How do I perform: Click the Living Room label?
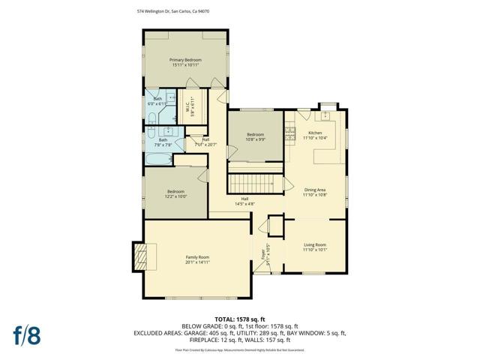click(x=315, y=245)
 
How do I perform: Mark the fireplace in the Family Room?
click(x=141, y=256)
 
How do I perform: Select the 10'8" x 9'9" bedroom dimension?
click(x=256, y=139)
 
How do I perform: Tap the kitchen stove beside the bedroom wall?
click(x=289, y=135)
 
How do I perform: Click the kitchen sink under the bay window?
click(x=326, y=115)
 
